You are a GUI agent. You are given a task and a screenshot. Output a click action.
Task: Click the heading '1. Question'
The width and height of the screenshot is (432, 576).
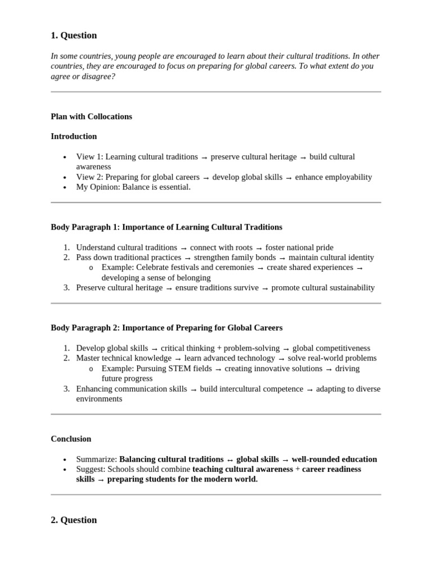(x=74, y=35)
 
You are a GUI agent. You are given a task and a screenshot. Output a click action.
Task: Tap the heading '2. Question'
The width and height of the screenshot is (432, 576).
(x=74, y=520)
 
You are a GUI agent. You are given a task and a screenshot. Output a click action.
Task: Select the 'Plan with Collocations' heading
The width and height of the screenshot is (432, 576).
(x=91, y=116)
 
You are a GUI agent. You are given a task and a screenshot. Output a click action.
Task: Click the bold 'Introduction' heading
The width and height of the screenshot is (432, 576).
(x=74, y=136)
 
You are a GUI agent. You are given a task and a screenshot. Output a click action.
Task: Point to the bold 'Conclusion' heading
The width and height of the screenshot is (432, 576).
(x=71, y=439)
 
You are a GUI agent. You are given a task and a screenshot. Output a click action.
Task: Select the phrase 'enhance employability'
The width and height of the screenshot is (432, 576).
(x=334, y=177)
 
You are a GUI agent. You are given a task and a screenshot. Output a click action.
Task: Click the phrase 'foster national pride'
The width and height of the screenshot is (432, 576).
(x=299, y=247)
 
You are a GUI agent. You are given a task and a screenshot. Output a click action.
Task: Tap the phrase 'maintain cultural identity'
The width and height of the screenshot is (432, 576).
(x=332, y=257)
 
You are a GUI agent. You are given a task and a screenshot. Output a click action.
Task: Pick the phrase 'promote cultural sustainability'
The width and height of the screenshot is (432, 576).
(x=323, y=287)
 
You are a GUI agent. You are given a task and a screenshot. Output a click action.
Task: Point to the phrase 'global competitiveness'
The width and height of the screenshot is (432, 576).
(x=331, y=348)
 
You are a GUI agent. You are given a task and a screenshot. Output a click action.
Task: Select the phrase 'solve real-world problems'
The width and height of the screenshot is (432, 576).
(x=332, y=358)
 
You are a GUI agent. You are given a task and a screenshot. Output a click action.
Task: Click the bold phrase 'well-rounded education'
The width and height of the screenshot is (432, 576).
(x=334, y=459)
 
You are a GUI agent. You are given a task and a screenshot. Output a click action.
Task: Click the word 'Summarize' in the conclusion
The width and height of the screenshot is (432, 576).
(x=96, y=459)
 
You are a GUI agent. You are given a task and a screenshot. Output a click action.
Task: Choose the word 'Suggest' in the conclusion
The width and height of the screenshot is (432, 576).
(x=90, y=469)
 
